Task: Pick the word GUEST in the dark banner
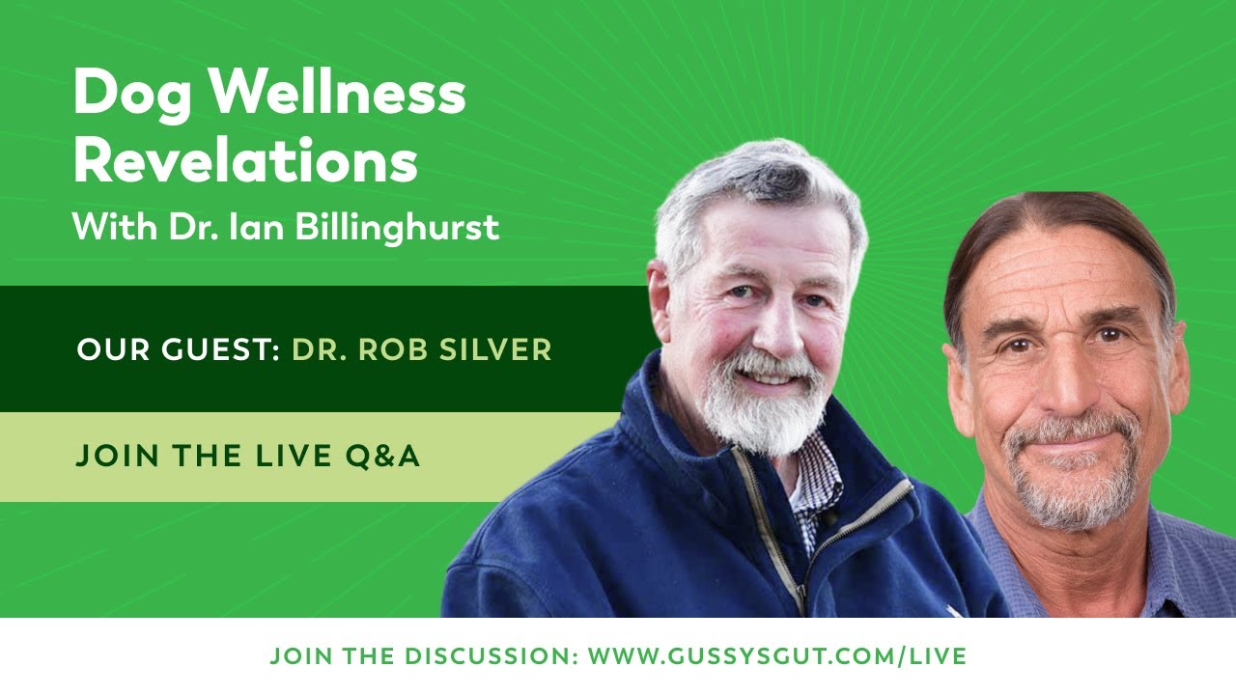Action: click(212, 349)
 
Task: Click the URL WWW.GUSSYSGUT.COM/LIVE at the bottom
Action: click(777, 657)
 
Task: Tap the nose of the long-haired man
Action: click(1061, 376)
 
